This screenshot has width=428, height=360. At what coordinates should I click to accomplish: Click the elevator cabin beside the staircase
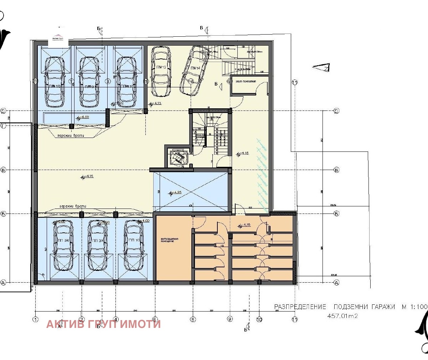point(178,157)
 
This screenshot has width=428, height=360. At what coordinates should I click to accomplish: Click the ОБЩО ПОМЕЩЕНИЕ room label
point(246,82)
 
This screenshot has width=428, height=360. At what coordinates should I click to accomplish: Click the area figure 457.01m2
point(342,316)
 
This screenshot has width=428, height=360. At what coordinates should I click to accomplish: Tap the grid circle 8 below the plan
point(193,319)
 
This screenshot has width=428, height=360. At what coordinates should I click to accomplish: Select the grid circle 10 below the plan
point(259,319)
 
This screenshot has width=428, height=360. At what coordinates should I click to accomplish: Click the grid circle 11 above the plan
point(295,82)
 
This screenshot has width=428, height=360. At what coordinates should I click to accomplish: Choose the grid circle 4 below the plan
point(115,319)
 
